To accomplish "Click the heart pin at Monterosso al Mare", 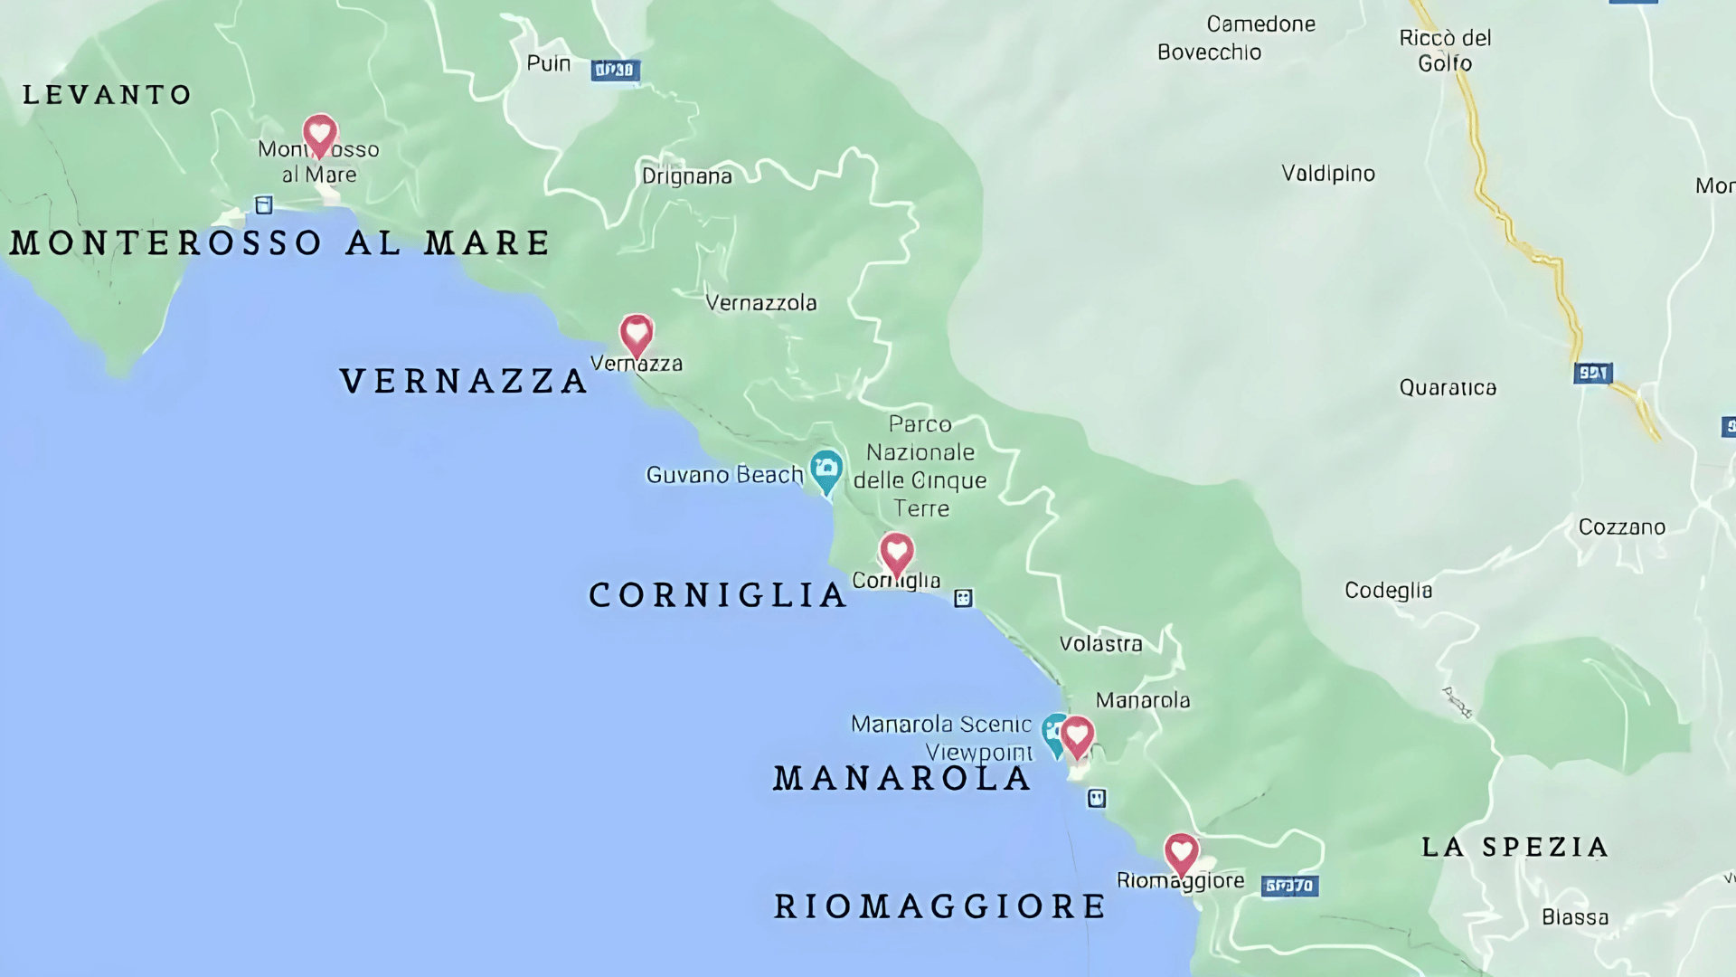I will (x=319, y=136).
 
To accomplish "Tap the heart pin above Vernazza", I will (x=637, y=335).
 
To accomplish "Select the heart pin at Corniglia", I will (x=896, y=552).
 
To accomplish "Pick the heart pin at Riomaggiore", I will (x=1181, y=853).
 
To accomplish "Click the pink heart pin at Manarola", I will (x=1077, y=735).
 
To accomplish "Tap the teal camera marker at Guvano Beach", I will (x=826, y=470).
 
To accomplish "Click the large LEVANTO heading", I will (x=107, y=95).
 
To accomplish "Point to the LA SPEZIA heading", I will (x=1514, y=848).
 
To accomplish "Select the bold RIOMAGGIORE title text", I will (x=940, y=906).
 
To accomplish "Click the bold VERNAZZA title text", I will (x=464, y=381).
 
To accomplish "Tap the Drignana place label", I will (x=687, y=175).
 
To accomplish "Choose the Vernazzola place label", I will (x=760, y=302).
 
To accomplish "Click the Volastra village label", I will (x=1100, y=644).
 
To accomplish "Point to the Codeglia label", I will (x=1388, y=591).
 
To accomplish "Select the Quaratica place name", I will (x=1448, y=387).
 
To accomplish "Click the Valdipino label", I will (x=1327, y=173).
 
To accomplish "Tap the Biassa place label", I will (x=1574, y=917).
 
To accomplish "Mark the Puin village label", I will (x=549, y=63).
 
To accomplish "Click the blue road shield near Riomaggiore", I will (x=1289, y=886).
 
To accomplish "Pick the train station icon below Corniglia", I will (x=963, y=598).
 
